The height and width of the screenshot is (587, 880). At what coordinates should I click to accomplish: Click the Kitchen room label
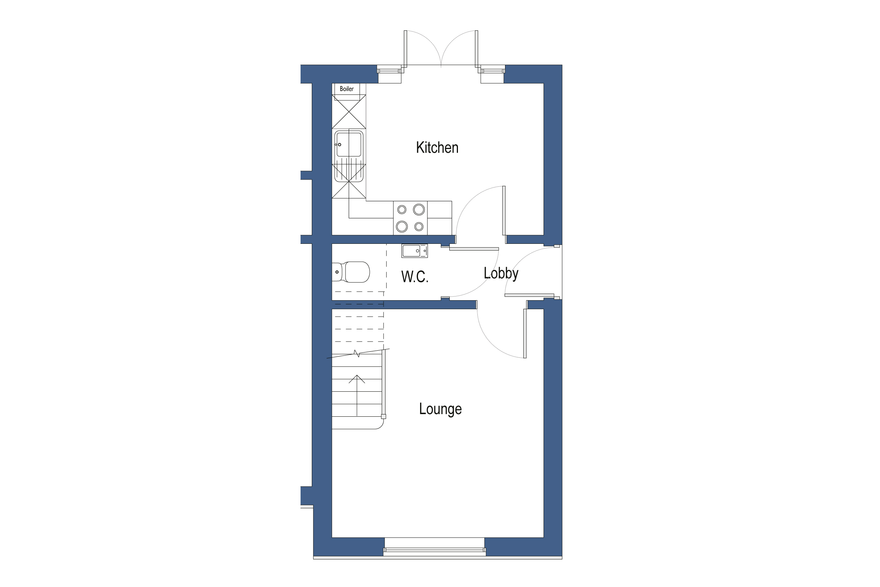[x=437, y=147]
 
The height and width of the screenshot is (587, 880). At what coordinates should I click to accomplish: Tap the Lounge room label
[x=440, y=409]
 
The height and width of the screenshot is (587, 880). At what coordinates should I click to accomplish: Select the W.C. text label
[x=415, y=277]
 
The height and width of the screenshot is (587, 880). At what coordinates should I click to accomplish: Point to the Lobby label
[x=501, y=273]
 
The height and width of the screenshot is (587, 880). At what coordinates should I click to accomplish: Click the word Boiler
[x=346, y=89]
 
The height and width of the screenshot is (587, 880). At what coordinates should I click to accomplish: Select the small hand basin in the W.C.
[x=414, y=251]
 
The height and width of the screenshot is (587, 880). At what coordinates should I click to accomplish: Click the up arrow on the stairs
[x=357, y=379]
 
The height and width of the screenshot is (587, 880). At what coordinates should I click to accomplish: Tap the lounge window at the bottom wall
[x=434, y=550]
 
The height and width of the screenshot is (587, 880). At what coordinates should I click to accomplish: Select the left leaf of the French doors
[x=405, y=49]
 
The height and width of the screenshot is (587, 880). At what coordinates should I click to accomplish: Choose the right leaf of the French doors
[x=477, y=49]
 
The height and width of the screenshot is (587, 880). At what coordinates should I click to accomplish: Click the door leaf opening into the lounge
[x=525, y=333]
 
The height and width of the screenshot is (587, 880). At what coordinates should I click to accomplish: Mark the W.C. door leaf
[x=474, y=249]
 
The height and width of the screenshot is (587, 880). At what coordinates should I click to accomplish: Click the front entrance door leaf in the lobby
[x=529, y=295]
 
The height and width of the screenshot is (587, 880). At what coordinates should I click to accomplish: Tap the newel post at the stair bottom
[x=384, y=416]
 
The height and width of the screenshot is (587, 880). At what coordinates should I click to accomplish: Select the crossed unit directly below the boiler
[x=348, y=112]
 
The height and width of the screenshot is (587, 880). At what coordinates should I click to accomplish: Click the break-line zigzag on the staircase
[x=357, y=353]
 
